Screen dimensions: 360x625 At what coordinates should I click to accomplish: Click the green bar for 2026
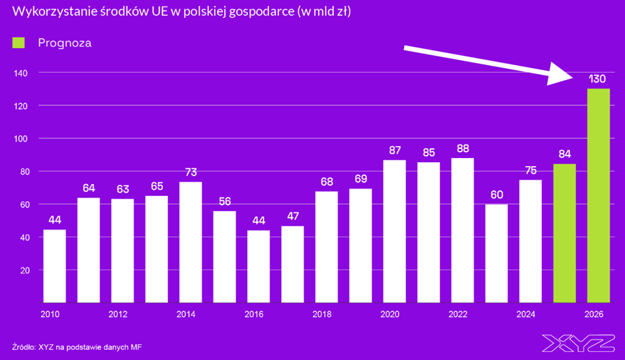tap(598, 195)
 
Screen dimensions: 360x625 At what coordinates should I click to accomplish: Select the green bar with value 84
tap(564, 233)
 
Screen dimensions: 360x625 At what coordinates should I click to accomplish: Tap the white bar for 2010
tap(54, 266)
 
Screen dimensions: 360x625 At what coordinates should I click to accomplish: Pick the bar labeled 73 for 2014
tap(190, 242)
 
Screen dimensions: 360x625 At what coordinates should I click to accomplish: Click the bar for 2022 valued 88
tap(462, 230)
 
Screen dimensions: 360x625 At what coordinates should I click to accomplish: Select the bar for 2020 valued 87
tap(394, 231)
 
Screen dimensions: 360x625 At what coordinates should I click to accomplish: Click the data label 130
tap(598, 79)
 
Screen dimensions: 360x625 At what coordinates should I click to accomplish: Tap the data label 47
tap(292, 216)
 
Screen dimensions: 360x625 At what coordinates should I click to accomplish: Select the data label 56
tap(224, 202)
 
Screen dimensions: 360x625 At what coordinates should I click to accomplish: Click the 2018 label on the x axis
tap(321, 314)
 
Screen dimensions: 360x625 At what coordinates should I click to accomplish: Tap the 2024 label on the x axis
tap(526, 314)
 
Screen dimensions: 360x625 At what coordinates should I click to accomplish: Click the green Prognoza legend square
tap(19, 43)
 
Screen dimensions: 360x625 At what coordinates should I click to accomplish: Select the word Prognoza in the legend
tap(64, 43)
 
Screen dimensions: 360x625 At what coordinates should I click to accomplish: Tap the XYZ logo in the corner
tap(579, 343)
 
